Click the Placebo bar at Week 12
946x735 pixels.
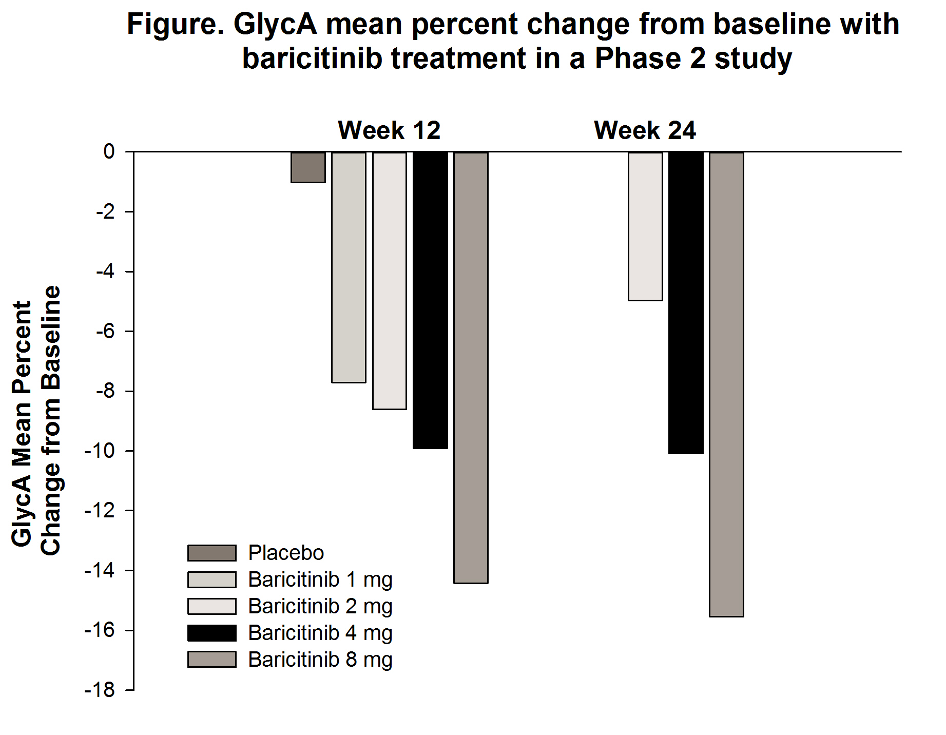308,167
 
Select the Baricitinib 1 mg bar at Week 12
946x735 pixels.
349,267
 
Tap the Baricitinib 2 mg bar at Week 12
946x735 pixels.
390,280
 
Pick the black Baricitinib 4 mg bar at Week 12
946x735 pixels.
430,300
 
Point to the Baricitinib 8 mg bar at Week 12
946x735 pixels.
471,367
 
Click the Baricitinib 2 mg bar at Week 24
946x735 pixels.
645,226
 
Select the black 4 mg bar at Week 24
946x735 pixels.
686,303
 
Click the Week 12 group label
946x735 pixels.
389,130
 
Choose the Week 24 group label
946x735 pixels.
645,130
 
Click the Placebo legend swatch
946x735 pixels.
211,553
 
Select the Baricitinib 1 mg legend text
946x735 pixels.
320,579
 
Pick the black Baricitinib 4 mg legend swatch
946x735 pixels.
211,633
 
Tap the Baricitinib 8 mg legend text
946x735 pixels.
320,660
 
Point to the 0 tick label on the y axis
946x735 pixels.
109,151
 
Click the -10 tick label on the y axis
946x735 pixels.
100,451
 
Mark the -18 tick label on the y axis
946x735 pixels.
100,690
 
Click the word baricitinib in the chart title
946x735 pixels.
312,58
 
